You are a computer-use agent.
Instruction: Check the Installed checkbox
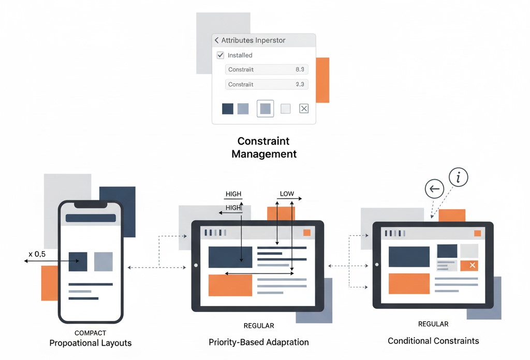coord(220,55)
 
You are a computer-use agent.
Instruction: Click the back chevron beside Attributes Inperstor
coord(216,40)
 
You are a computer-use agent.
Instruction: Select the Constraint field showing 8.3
coord(267,69)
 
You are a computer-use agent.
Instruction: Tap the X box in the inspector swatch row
coord(304,108)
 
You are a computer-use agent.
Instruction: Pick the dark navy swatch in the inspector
coord(228,108)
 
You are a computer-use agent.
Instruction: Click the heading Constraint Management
coord(264,147)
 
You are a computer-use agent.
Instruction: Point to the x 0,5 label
coord(37,254)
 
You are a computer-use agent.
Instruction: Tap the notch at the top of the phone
coord(91,205)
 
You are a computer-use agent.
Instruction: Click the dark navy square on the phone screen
coord(78,262)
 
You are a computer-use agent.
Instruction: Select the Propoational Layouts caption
coord(91,343)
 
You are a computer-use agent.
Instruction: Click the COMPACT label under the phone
coord(91,333)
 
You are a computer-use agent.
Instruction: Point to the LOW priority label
coord(287,194)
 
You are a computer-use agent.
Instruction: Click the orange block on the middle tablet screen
coord(230,285)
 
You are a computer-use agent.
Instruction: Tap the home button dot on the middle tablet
coord(196,265)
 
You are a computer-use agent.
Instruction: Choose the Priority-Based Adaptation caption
coord(259,342)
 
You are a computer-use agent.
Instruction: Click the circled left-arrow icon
coord(434,189)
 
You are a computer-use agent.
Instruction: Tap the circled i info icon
coord(459,177)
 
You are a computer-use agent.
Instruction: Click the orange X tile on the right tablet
coord(469,265)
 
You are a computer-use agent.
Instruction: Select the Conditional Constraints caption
coord(433,341)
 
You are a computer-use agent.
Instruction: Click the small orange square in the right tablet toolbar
coord(477,233)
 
